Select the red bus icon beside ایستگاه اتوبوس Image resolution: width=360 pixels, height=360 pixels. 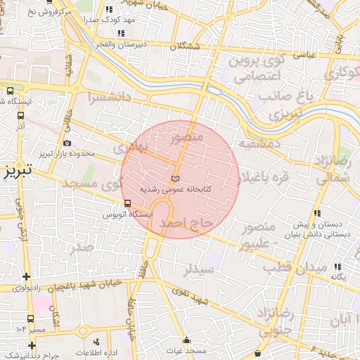pos(127,203)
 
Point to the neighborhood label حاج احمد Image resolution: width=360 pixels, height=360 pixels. pos(186,223)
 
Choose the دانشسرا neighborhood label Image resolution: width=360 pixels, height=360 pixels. pos(112,98)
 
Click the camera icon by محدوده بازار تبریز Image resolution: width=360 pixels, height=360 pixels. pos(67,143)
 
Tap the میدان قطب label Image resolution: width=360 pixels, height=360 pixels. pos(294,268)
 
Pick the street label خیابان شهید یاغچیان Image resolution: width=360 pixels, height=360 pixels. pos(84,285)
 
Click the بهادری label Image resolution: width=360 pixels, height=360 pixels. pos(132,148)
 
